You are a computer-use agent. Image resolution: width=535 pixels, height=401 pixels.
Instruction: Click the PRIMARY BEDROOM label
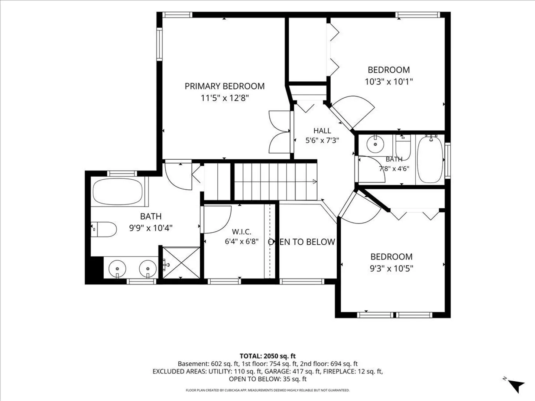pos(224,86)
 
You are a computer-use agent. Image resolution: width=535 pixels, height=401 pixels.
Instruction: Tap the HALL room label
pos(322,131)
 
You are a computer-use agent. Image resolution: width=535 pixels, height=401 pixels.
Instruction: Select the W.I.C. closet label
pos(241,232)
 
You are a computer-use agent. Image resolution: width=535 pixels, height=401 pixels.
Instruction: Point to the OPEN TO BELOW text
pos(302,242)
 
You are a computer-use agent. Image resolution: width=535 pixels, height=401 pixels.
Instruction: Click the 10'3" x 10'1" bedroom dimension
pos(389,82)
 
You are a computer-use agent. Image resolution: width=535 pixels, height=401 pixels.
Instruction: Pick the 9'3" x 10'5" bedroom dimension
pos(392,268)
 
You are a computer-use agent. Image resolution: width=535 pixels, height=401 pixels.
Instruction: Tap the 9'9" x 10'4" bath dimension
pos(151,228)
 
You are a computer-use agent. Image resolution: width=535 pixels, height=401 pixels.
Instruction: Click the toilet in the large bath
pos(104,229)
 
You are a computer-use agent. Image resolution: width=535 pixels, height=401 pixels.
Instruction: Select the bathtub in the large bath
pos(118,192)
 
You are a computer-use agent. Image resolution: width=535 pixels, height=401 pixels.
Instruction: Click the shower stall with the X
pos(181,263)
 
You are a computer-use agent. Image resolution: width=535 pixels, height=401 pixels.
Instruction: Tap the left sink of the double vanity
pos(117,269)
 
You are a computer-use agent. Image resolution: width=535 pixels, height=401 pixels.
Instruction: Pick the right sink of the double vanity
pos(148,269)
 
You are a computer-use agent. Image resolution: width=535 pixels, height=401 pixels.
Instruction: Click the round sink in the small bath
pos(375,144)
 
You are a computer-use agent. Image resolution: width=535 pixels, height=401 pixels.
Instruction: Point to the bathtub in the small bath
pos(431,160)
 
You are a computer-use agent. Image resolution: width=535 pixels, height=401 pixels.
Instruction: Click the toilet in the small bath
pos(403,147)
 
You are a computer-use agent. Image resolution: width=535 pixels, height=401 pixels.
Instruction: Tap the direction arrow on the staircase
pos(315,182)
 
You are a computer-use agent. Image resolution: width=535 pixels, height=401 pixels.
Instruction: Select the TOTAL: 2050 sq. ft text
pos(267,356)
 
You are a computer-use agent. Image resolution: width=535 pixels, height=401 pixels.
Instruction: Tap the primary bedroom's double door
pos(280,132)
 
